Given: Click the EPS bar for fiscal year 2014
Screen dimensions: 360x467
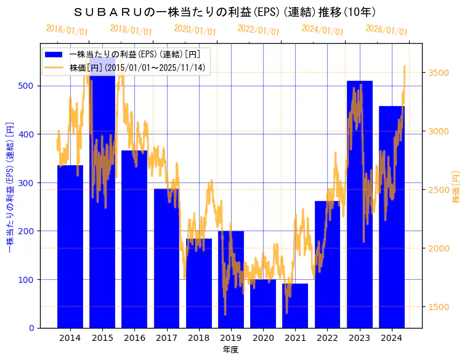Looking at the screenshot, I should (70, 247).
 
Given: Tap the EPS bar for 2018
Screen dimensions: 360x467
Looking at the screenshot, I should (198, 283).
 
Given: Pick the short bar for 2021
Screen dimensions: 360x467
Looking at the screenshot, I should (295, 306).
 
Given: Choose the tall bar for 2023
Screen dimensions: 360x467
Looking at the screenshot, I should (359, 204).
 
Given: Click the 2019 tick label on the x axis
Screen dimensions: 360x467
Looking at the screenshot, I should (230, 338).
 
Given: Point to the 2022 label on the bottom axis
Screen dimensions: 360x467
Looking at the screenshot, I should (327, 338).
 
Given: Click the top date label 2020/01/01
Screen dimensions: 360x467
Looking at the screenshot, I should (195, 30).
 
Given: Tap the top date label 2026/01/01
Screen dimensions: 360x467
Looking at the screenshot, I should (386, 30).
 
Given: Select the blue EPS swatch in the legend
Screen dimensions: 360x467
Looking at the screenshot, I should (55, 54).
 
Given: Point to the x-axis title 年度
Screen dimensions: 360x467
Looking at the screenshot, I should (230, 350).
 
